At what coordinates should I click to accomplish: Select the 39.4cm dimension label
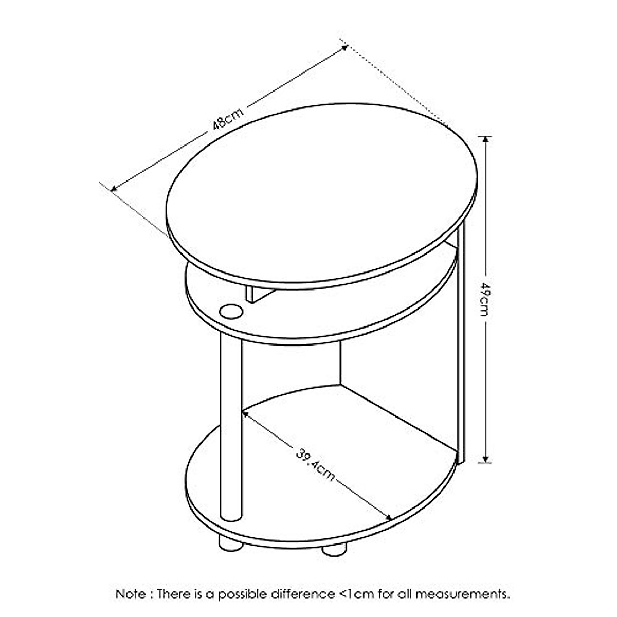315,465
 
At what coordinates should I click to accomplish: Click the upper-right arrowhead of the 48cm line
343,47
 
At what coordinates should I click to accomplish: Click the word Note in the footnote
131,594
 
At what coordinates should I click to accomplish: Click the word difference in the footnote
305,594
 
